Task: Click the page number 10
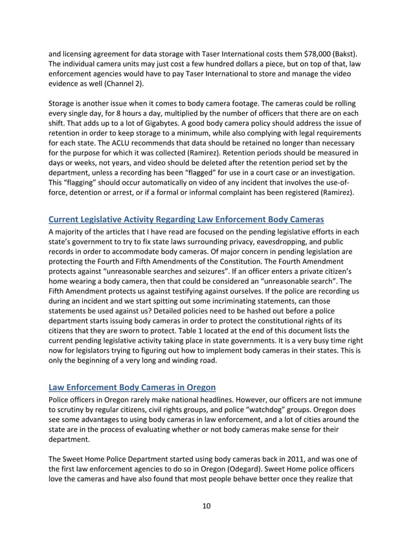(206, 506)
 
